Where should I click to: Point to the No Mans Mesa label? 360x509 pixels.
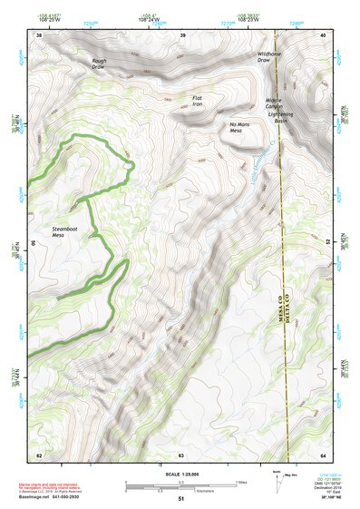[239, 129]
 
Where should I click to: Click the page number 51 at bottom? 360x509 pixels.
[181, 499]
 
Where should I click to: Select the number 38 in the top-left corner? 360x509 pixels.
[39, 34]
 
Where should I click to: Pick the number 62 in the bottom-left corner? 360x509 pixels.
[39, 455]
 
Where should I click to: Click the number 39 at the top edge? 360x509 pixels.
[183, 34]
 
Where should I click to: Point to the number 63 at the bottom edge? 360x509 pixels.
[181, 455]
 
